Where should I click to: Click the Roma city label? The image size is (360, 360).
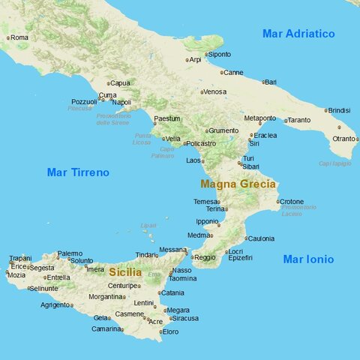pyautogui.click(x=19, y=37)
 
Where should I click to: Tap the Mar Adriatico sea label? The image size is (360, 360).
pyautogui.click(x=298, y=34)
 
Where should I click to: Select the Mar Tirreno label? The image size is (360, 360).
pyautogui.click(x=78, y=172)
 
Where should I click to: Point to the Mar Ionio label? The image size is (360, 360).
pyautogui.click(x=307, y=259)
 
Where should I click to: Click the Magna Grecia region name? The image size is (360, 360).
pyautogui.click(x=238, y=184)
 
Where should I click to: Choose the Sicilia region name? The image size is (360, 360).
pyautogui.click(x=124, y=272)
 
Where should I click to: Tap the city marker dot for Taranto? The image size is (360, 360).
pyautogui.click(x=286, y=120)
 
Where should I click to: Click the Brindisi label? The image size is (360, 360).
pyautogui.click(x=340, y=110)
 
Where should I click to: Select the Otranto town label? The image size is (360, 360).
pyautogui.click(x=343, y=139)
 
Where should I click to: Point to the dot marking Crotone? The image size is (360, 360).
pyautogui.click(x=277, y=202)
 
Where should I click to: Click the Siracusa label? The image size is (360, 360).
pyautogui.click(x=185, y=319)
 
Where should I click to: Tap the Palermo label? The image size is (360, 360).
pyautogui.click(x=70, y=253)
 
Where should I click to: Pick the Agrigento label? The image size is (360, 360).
pyautogui.click(x=55, y=305)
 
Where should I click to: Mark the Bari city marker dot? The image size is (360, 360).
pyautogui.click(x=263, y=82)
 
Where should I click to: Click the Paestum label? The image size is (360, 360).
pyautogui.click(x=167, y=118)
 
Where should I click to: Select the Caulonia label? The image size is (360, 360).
pyautogui.click(x=261, y=238)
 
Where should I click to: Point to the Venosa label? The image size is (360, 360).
pyautogui.click(x=215, y=91)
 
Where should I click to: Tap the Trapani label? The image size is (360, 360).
pyautogui.click(x=20, y=259)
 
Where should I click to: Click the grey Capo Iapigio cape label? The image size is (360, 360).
pyautogui.click(x=334, y=163)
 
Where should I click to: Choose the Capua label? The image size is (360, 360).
pyautogui.click(x=120, y=83)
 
